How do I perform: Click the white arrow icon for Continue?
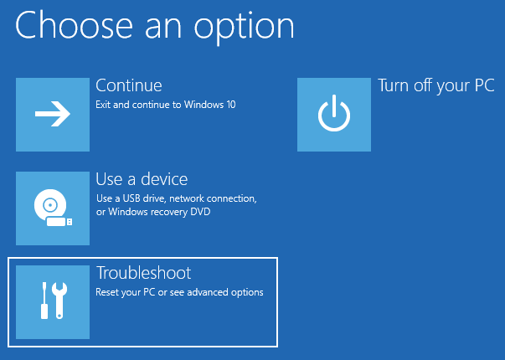tap(53, 114)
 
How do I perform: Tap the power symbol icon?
tap(334, 113)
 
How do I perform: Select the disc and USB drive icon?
tap(53, 208)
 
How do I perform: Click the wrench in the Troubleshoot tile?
tap(59, 301)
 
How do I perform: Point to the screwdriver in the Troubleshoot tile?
tap(44, 301)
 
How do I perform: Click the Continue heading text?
tap(129, 85)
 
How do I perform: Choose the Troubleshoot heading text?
tap(144, 273)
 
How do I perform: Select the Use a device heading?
tap(142, 179)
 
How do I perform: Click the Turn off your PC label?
tap(435, 86)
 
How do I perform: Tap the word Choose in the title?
tap(74, 25)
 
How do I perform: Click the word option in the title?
tap(244, 27)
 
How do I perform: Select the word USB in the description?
tap(131, 198)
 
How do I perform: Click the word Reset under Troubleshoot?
tap(107, 292)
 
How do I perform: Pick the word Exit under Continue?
tap(103, 105)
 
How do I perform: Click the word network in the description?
tap(187, 198)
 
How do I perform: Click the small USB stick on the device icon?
tap(59, 222)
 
